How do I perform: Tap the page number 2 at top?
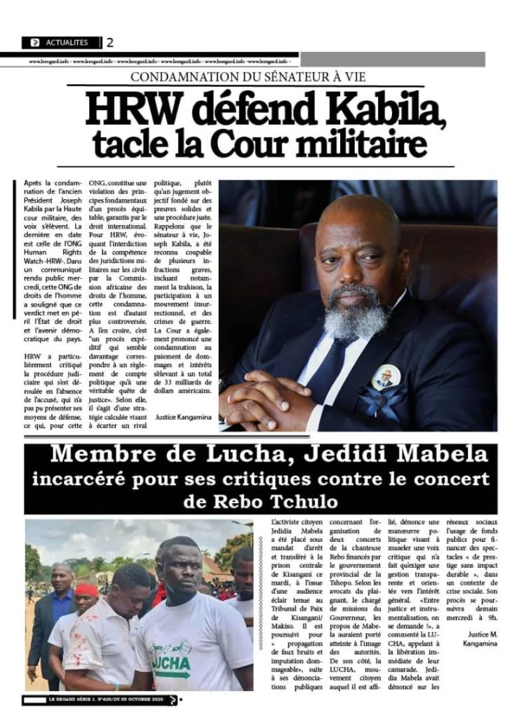pos(109,43)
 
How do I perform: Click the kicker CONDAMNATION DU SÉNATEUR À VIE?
pos(257,77)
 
